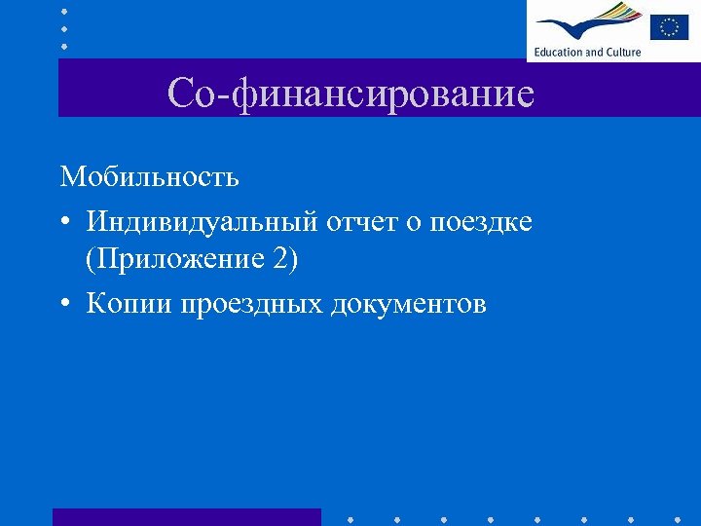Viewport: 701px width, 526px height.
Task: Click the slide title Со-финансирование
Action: coord(350,94)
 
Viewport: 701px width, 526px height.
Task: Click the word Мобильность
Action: coord(149,177)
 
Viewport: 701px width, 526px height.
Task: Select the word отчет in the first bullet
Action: coord(360,222)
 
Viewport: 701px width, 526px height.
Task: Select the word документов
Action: coord(409,304)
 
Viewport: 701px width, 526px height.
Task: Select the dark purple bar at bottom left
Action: coord(186,516)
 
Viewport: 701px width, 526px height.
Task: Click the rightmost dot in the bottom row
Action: coord(678,518)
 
